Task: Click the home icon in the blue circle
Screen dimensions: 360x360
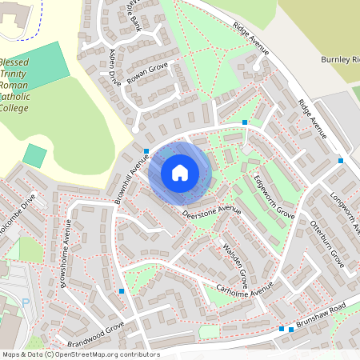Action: click(x=180, y=173)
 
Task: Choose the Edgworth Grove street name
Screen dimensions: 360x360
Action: click(x=273, y=198)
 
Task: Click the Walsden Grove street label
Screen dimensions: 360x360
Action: click(x=235, y=264)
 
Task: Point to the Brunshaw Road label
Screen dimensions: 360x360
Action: click(x=322, y=315)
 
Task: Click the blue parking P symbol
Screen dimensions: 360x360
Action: click(x=25, y=303)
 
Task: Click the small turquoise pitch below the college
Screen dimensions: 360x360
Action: click(x=34, y=155)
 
